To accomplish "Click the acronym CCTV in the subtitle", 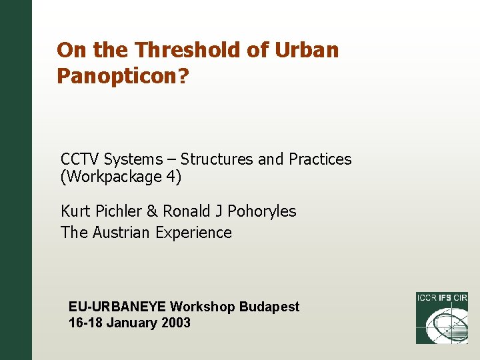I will pos(80,159).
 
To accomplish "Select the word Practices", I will pos(320,159).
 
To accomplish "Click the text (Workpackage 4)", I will pos(121,177).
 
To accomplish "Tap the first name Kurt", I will pos(75,211).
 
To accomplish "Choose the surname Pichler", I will pos(118,211).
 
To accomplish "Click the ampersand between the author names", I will pos(152,211).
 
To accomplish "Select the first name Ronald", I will pos(186,211).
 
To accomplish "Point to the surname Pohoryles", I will pos(262,211).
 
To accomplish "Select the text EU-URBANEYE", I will pos(117,307).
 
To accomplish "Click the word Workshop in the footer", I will pos(203,307).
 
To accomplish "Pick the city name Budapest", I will pos(269,307).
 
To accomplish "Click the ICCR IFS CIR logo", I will pos(441,318).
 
